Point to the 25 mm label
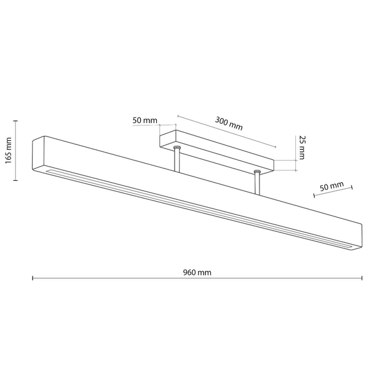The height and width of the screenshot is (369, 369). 301,148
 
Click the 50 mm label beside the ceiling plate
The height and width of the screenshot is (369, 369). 145,120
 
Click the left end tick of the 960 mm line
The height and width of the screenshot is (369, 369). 33,279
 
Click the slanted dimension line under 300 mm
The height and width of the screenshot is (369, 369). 226,131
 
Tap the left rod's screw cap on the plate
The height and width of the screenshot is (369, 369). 177,147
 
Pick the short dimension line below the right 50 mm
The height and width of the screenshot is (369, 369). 334,192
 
